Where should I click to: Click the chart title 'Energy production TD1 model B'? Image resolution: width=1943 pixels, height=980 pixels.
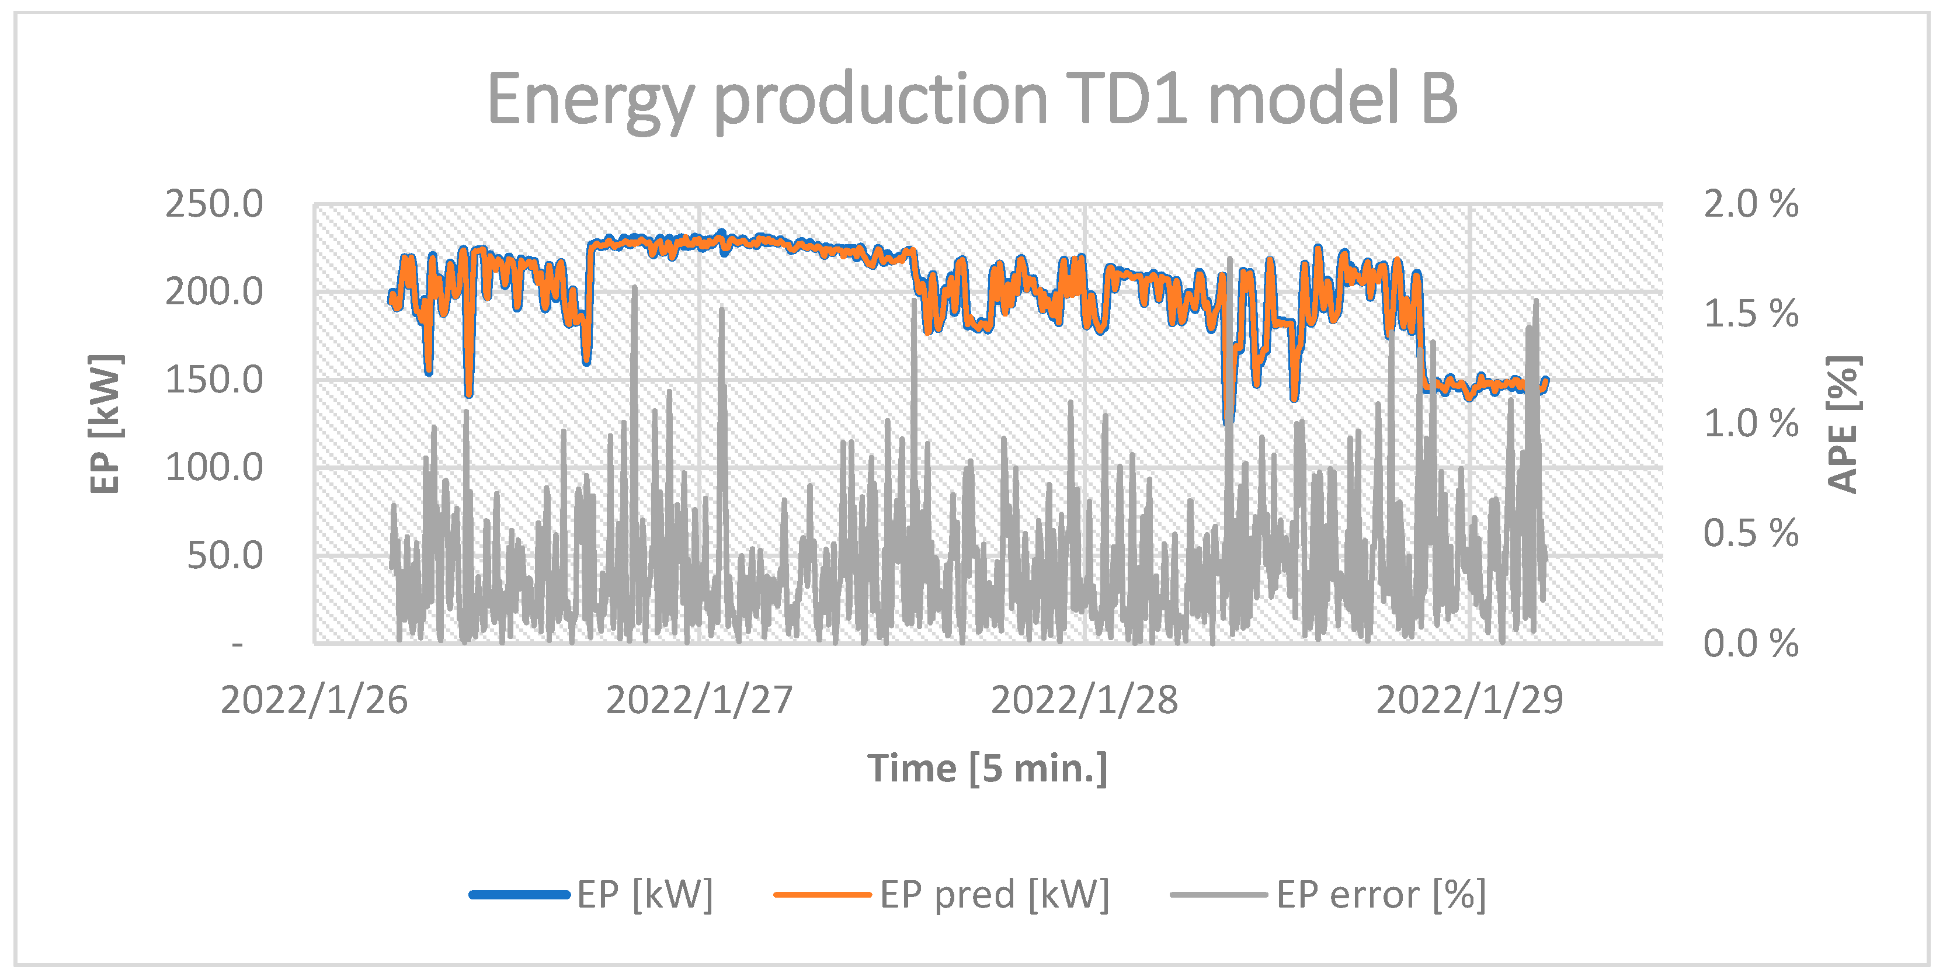[x=972, y=100]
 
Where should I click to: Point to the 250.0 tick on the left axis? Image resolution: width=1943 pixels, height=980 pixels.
[x=214, y=204]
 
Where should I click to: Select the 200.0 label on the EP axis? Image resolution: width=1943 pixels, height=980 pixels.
[x=214, y=292]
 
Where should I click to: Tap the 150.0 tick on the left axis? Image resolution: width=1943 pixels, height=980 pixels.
[x=214, y=380]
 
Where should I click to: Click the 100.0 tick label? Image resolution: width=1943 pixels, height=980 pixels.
[x=214, y=468]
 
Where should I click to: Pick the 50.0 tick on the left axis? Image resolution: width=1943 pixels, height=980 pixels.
[x=225, y=556]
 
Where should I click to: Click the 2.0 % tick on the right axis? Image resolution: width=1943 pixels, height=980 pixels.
[x=1750, y=204]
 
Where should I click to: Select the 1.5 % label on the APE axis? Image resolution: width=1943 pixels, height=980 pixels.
[x=1750, y=314]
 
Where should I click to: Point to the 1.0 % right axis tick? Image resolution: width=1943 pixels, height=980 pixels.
[x=1750, y=424]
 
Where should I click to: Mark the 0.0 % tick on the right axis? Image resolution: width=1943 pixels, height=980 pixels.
[x=1750, y=644]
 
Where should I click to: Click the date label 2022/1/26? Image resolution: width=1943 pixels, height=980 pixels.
[x=314, y=700]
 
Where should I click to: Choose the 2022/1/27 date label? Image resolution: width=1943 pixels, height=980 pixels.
[x=699, y=700]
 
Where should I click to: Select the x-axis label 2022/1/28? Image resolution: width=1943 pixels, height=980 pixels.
[x=1084, y=700]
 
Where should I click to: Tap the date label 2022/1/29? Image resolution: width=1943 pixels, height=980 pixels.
[x=1469, y=700]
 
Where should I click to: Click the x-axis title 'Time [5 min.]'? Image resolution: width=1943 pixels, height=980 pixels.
[x=988, y=769]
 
